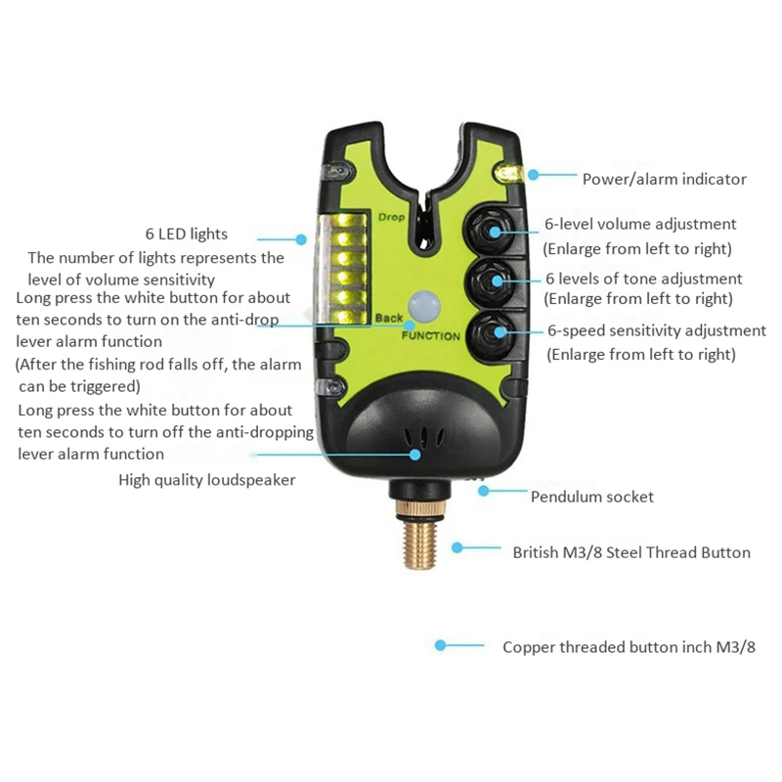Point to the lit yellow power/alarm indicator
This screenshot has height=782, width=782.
pos(508,173)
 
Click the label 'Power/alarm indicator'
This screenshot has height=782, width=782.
pos(664,179)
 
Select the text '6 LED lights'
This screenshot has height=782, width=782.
pos(186,234)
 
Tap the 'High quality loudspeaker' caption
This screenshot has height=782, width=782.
pos(206,480)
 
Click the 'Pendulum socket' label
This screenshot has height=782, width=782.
pos(591,497)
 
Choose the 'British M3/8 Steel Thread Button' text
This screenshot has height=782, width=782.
pos(631,552)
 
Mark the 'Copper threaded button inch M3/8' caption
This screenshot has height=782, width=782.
pos(629,647)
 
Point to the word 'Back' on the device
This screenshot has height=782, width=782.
pos(388,319)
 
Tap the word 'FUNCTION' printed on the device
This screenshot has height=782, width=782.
pos(430,336)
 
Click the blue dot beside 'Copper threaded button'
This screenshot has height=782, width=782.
pos(441,646)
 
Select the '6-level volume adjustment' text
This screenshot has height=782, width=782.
pos(640,225)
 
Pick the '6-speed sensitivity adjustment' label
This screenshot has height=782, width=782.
pos(656,331)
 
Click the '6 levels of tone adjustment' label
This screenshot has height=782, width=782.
pos(642,279)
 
